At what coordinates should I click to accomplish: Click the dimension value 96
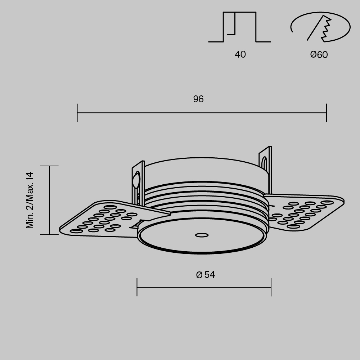[x=198, y=99]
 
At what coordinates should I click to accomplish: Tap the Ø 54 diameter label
[x=206, y=275]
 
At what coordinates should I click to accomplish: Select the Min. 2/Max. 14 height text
[x=30, y=200]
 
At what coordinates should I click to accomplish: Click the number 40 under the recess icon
[x=240, y=54]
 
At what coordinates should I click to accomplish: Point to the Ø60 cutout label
[x=319, y=55]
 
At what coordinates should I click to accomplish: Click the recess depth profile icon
[x=239, y=27]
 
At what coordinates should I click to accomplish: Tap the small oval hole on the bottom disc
[x=202, y=235]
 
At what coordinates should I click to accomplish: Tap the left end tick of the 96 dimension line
[x=77, y=113]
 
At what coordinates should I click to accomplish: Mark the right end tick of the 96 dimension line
[x=327, y=113]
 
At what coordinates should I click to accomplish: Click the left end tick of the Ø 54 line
[x=137, y=287]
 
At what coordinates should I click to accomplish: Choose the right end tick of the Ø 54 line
[x=271, y=287]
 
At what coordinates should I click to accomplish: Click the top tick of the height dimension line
[x=49, y=166]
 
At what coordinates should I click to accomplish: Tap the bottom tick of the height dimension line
[x=49, y=234]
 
